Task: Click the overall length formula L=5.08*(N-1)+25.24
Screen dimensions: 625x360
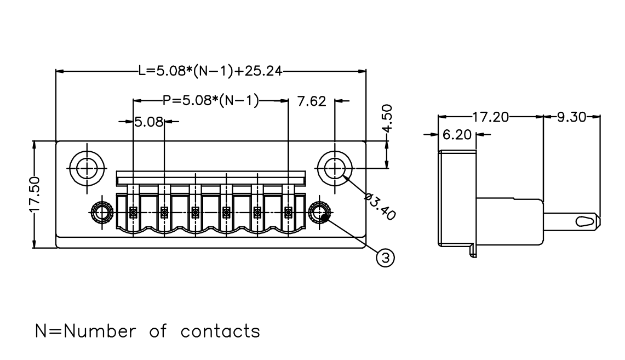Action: (210, 71)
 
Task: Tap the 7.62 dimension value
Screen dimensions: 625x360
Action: (312, 101)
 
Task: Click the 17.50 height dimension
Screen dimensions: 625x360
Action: (35, 194)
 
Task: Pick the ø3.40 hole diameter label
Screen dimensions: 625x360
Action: (380, 207)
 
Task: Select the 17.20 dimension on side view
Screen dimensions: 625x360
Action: (491, 117)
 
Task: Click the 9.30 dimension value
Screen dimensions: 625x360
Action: (571, 117)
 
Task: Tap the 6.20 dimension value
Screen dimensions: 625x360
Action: (457, 135)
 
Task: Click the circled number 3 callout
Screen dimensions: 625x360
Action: (386, 258)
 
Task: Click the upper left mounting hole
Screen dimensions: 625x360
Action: (87, 168)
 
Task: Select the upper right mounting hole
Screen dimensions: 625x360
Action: (335, 168)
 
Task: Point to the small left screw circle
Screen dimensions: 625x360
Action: (102, 213)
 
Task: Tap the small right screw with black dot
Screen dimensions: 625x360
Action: (319, 213)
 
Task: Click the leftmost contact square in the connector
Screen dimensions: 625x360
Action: (133, 212)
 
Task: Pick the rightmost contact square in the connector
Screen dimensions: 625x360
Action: (288, 212)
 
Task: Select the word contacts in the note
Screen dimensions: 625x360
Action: (220, 331)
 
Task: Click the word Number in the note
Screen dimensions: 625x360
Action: (100, 331)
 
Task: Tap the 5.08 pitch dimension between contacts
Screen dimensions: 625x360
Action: (148, 122)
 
